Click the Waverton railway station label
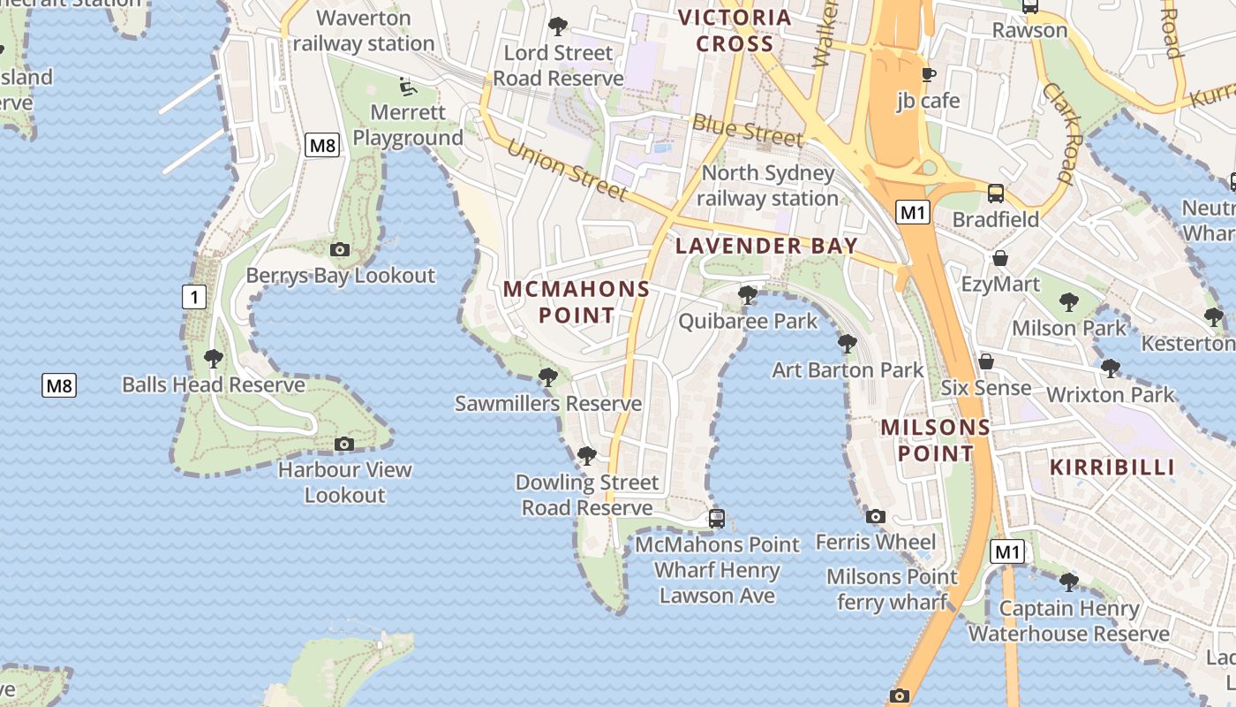363,31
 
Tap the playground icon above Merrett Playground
407,87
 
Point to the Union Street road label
568,169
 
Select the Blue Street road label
748,131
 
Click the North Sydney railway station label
767,186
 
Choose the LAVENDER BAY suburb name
766,246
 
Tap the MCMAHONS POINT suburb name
577,301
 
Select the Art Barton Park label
848,369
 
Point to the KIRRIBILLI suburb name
1112,467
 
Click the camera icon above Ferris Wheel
875,517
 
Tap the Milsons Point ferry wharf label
892,589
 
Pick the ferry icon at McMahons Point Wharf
717,518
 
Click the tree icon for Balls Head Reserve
213,359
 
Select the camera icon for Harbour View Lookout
344,444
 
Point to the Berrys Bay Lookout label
340,275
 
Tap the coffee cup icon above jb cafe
928,74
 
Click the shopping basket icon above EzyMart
1000,258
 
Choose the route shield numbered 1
193,297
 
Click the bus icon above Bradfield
996,193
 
